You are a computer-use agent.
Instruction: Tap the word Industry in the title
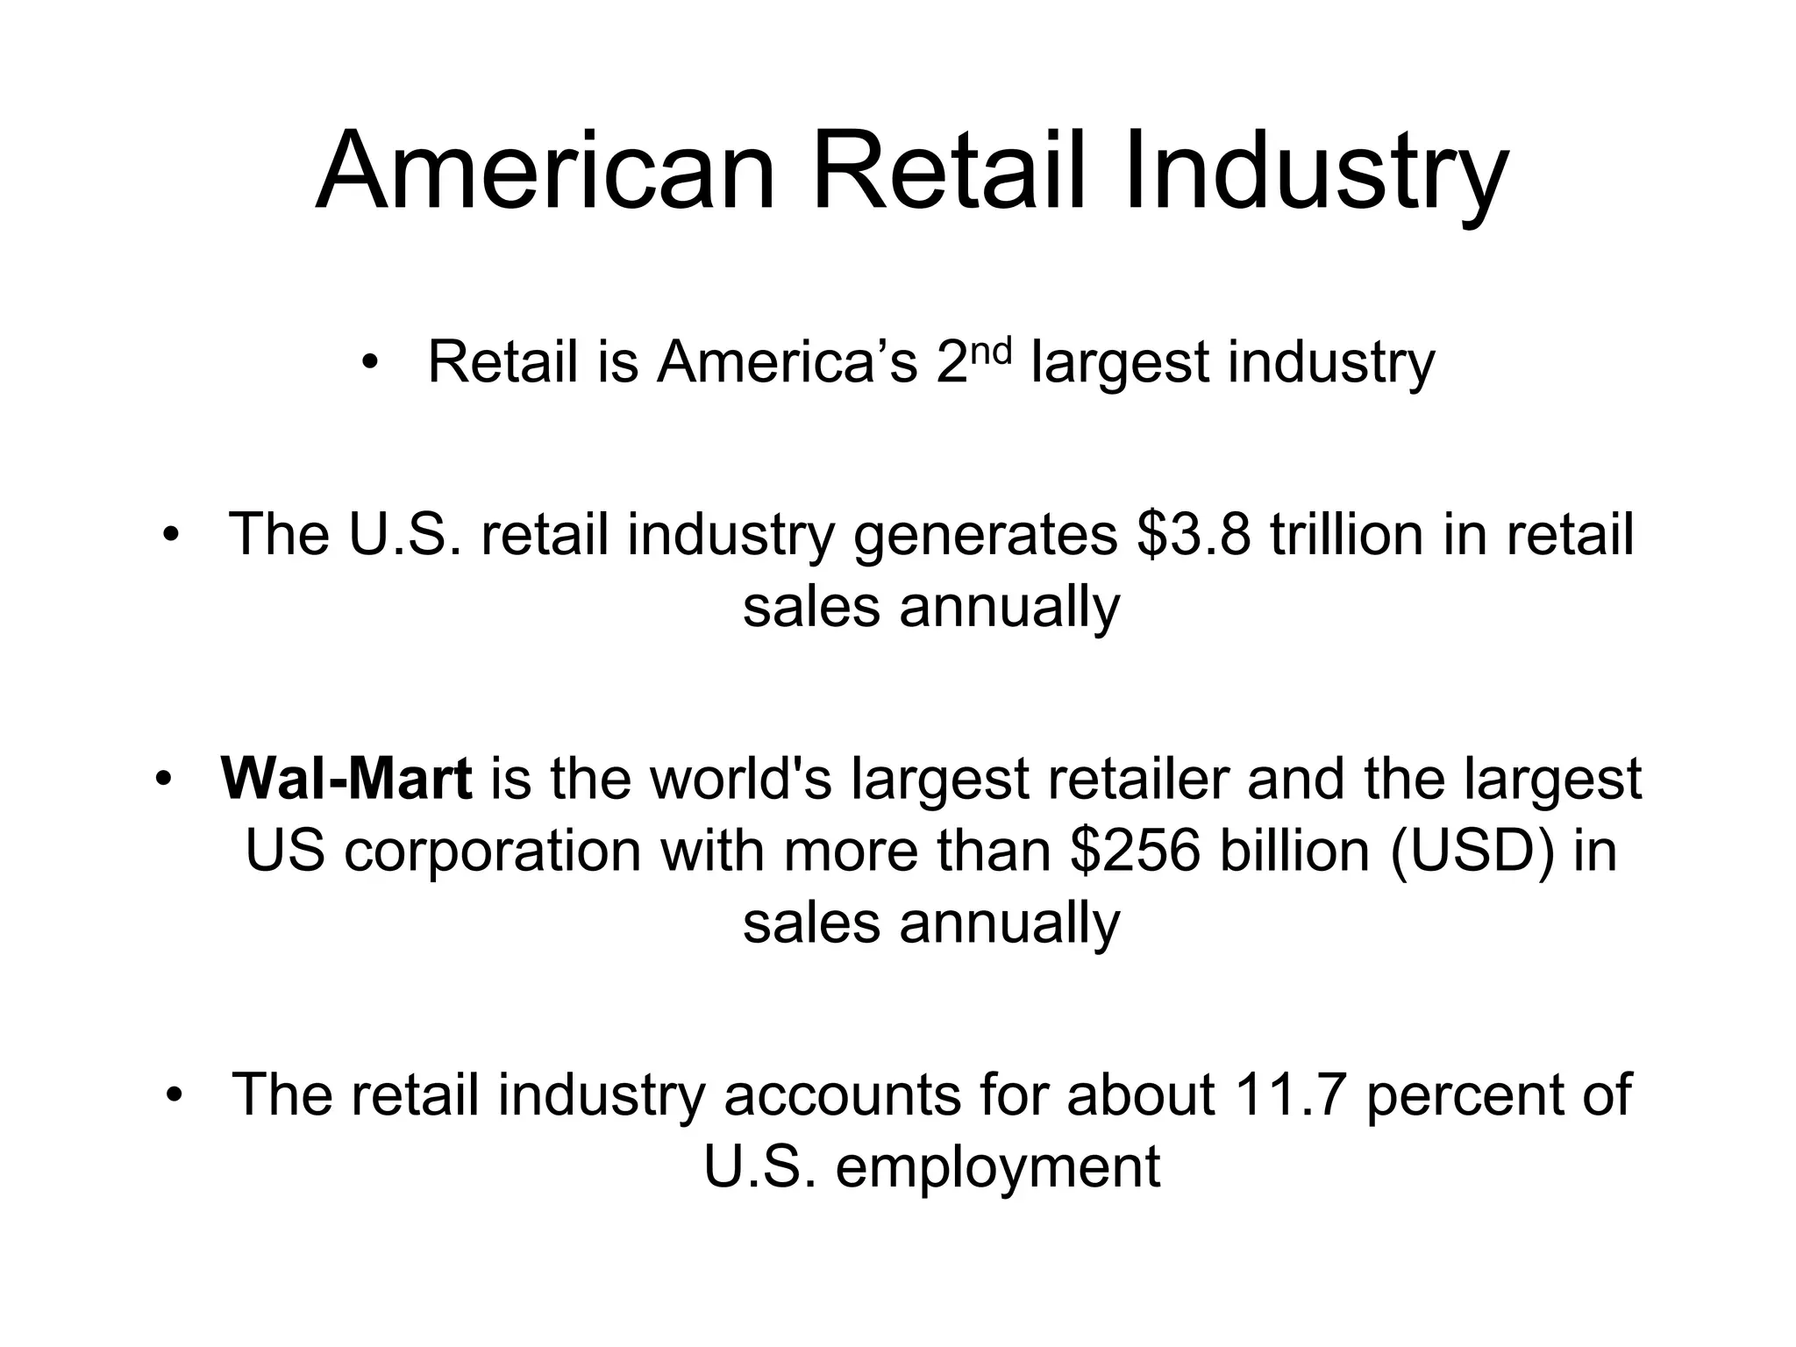click(x=1315, y=171)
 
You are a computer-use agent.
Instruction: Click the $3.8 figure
click(x=1193, y=534)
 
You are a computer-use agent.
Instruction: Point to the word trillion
click(x=1346, y=534)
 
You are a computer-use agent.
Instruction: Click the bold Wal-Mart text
click(x=346, y=779)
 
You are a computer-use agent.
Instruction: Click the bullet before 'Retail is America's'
click(x=369, y=362)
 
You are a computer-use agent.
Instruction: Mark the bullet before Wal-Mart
click(x=162, y=779)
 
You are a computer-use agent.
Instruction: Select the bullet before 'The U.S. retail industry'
click(x=170, y=534)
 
